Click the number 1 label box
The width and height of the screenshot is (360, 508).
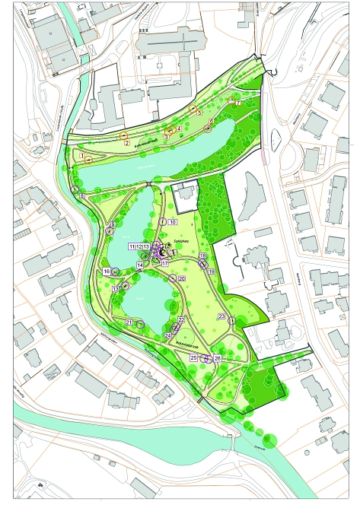point(81,155)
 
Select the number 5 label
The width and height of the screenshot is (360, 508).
point(199,113)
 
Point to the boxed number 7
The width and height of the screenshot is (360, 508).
point(237,101)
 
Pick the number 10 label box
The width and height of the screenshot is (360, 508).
point(173,222)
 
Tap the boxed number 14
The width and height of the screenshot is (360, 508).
point(140,265)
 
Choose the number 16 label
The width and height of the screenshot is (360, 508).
point(107,271)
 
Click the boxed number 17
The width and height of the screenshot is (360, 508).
point(164,263)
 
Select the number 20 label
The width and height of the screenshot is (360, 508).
point(182,279)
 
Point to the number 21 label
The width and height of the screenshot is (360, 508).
point(129,323)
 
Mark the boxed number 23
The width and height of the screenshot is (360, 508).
point(221,315)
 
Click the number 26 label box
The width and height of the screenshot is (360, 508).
point(218,357)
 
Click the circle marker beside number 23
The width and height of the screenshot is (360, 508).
point(231,322)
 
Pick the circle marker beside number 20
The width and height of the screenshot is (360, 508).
point(173,279)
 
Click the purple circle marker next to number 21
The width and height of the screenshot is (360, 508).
point(140,324)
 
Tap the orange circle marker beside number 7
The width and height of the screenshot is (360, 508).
point(232,98)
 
